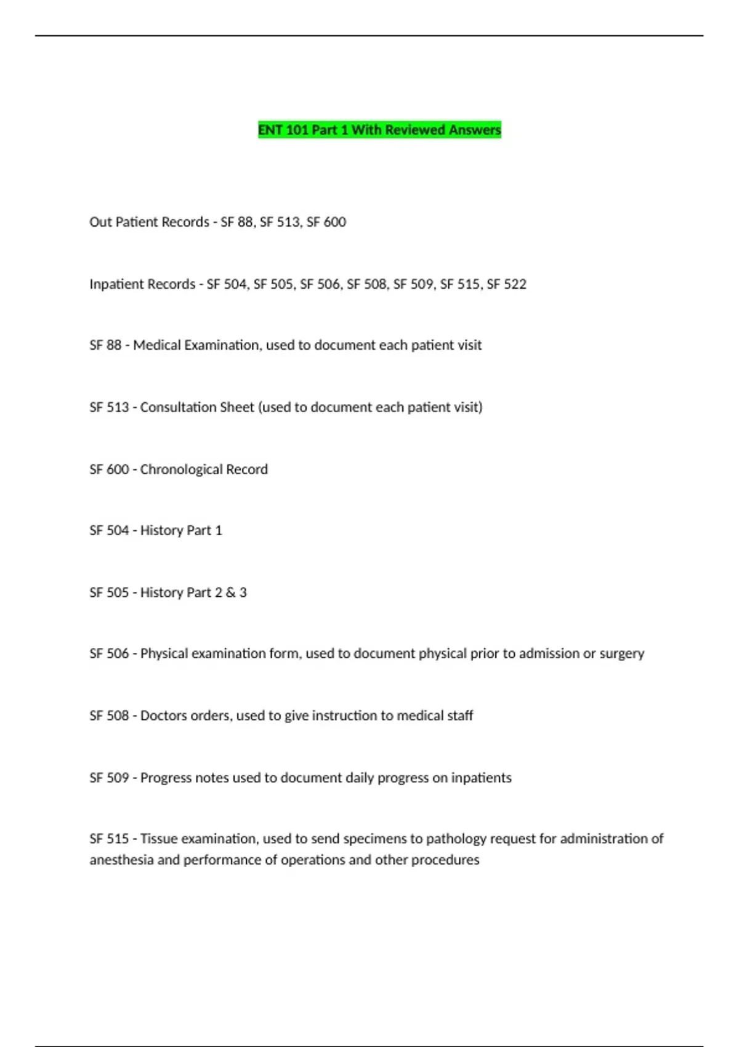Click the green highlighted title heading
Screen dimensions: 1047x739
tap(379, 130)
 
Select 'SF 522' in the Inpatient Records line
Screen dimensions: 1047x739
tap(506, 284)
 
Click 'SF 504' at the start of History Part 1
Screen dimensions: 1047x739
tap(109, 530)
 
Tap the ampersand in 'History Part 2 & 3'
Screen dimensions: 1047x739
tap(230, 592)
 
